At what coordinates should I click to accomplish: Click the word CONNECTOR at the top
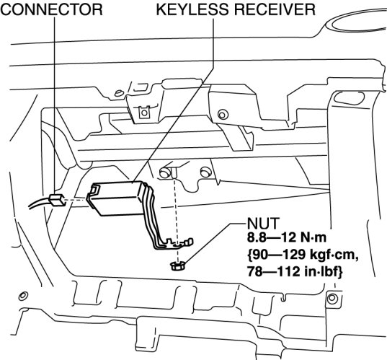(x=51, y=9)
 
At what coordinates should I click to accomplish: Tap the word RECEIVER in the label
(x=275, y=9)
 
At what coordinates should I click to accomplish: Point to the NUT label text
(x=263, y=224)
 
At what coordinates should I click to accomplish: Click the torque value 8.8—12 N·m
(x=287, y=237)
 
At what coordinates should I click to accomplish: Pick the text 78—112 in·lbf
(x=295, y=272)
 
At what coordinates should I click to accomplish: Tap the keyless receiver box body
(x=116, y=198)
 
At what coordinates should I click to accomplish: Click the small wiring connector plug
(x=57, y=200)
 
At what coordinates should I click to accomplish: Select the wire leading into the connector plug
(x=40, y=204)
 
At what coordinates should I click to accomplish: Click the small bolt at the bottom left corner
(x=23, y=296)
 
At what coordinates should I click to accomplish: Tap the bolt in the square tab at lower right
(x=332, y=299)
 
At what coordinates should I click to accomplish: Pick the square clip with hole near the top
(x=144, y=113)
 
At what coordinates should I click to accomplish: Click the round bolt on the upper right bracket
(x=223, y=115)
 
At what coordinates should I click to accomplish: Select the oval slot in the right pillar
(x=349, y=97)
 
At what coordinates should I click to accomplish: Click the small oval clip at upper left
(x=119, y=93)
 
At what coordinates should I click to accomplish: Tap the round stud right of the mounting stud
(x=205, y=172)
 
